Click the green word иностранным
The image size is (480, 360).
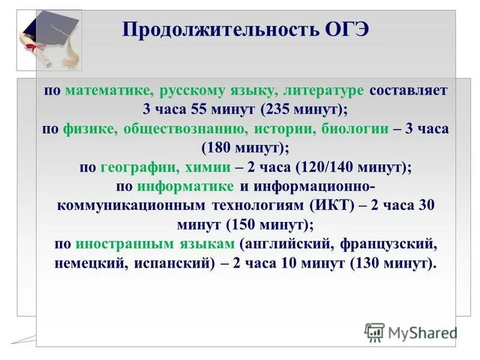tap(116, 244)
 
